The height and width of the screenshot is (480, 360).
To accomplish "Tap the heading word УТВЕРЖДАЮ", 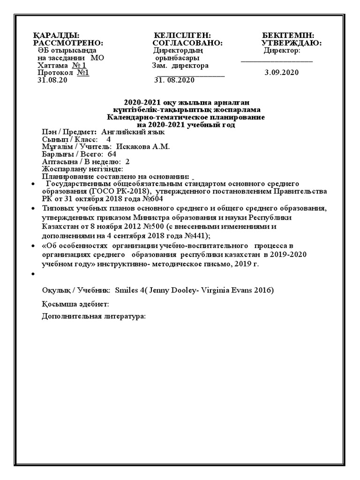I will pos(291,43).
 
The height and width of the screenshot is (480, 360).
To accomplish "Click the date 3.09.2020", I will pos(281,73).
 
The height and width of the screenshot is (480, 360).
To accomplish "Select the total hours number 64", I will pos(112,154).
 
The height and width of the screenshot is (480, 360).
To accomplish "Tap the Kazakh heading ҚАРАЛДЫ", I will pos(56,36).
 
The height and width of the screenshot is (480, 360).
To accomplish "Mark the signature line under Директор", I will pos(277,61).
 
